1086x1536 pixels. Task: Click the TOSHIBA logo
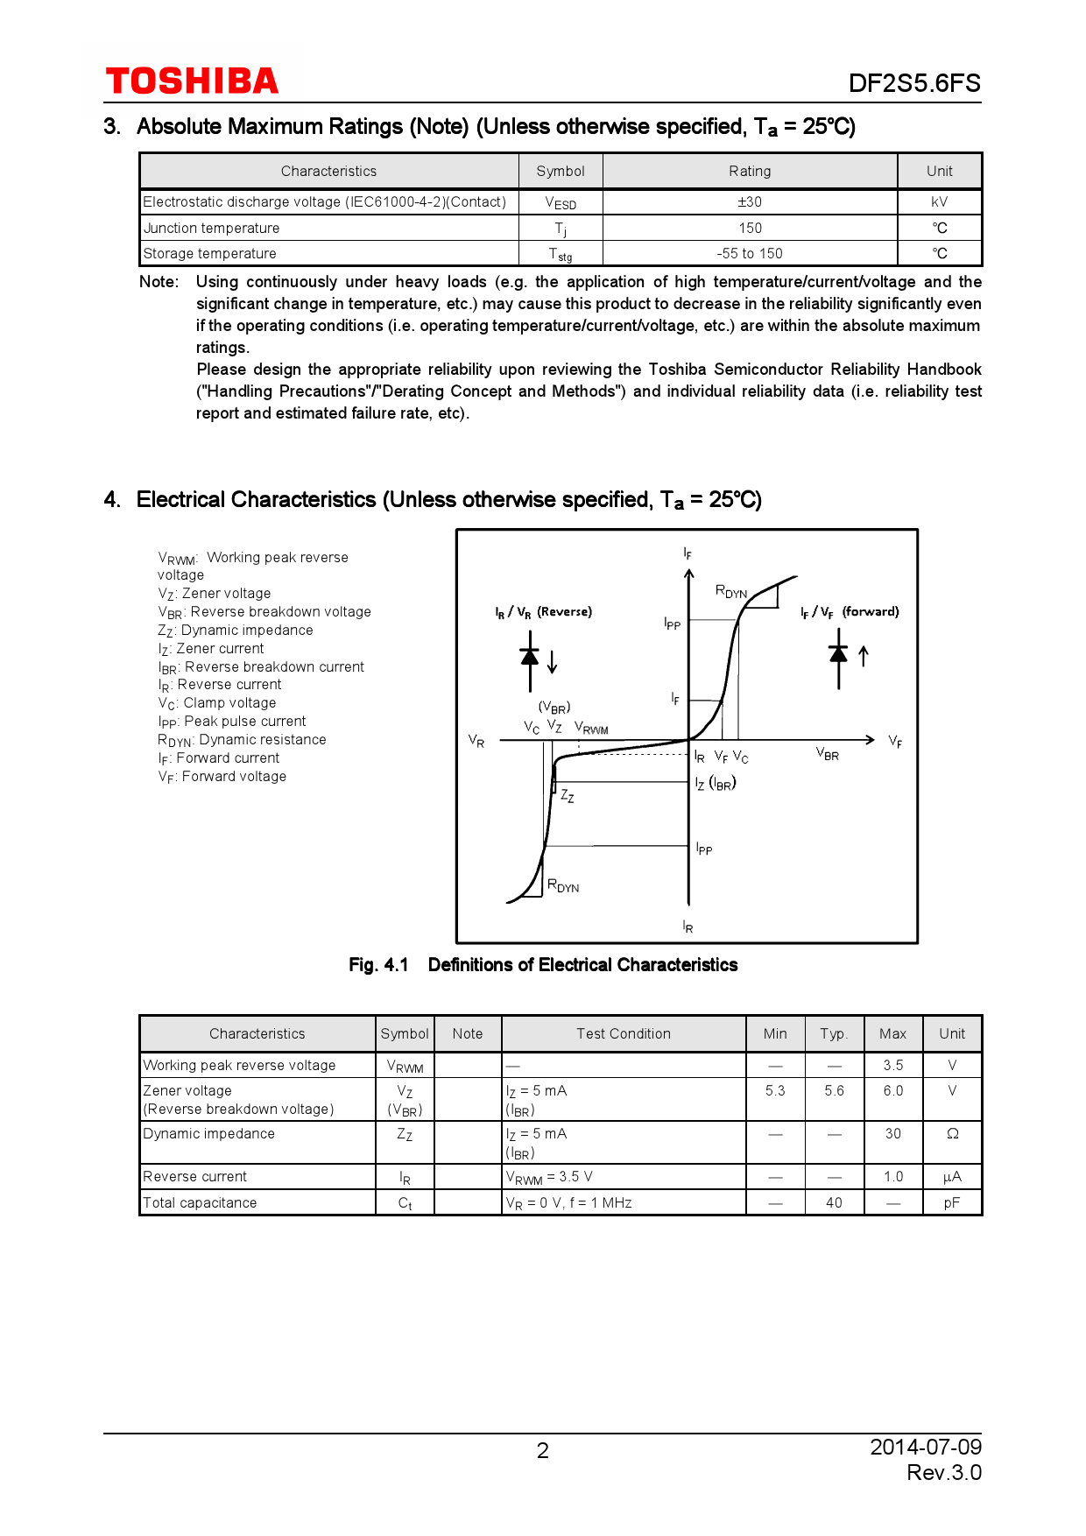[x=192, y=81]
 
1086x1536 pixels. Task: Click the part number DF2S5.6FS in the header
[x=913, y=83]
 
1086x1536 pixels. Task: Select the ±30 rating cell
[x=750, y=202]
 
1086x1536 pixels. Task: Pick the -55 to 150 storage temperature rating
[x=750, y=254]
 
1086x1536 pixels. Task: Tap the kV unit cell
[x=939, y=202]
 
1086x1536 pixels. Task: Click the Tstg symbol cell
[x=561, y=254]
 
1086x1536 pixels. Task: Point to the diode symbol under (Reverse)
[x=530, y=667]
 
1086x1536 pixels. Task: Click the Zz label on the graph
[x=568, y=796]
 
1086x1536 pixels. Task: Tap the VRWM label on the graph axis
[x=591, y=728]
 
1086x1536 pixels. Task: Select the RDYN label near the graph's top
[x=731, y=591]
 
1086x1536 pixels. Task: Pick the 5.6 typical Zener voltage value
[x=834, y=1091]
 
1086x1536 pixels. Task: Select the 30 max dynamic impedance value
[x=892, y=1134]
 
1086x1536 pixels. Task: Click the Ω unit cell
[x=952, y=1134]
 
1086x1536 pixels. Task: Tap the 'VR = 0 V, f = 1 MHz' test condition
[x=568, y=1203]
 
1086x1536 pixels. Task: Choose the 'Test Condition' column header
[x=623, y=1034]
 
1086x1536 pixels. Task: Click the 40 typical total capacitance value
[x=834, y=1203]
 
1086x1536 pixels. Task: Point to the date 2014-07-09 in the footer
[x=926, y=1447]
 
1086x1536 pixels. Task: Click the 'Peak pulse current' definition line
[x=232, y=722]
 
